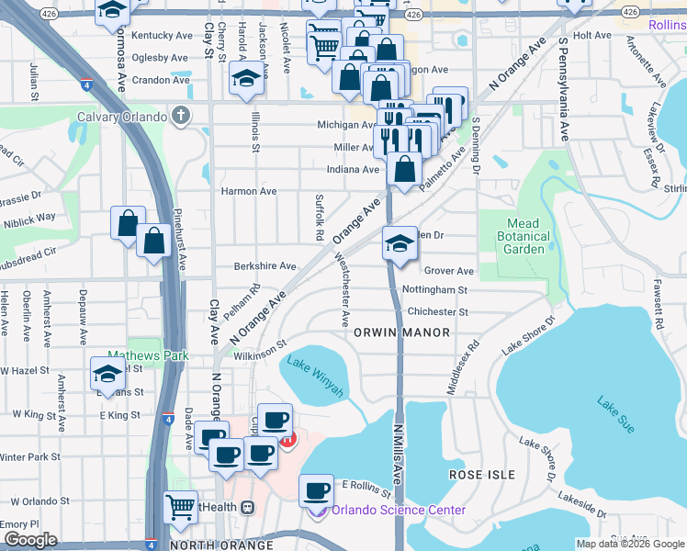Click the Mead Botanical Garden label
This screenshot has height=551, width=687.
click(527, 236)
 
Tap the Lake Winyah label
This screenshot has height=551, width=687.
click(315, 376)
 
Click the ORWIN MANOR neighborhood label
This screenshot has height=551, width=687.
click(401, 332)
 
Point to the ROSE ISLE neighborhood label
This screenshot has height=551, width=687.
click(478, 474)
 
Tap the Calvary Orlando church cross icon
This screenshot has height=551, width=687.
click(181, 117)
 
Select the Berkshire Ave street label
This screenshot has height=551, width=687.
click(265, 266)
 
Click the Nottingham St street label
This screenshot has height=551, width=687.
click(435, 289)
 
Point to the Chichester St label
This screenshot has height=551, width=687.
click(437, 311)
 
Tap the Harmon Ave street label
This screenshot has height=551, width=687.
click(248, 192)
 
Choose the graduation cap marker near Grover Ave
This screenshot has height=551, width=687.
click(400, 244)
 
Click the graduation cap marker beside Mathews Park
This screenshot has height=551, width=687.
click(107, 374)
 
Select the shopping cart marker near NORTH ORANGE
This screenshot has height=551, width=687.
click(180, 508)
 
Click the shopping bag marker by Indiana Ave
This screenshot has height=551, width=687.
click(404, 170)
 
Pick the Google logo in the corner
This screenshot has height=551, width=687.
click(30, 540)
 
